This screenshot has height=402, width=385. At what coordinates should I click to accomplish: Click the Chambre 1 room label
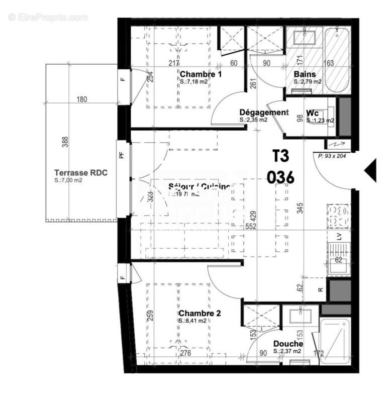coord(201,74)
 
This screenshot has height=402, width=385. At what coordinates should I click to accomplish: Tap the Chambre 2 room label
coord(200,313)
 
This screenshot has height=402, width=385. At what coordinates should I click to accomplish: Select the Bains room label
coord(305,74)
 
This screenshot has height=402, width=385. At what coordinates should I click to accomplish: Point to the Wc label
coord(312,113)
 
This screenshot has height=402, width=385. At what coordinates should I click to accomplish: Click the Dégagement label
coord(263,113)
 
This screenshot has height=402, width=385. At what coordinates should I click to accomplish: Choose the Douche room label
coord(288,344)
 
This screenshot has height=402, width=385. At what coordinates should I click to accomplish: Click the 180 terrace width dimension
coord(82,99)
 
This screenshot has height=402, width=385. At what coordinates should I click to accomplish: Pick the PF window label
coord(121,155)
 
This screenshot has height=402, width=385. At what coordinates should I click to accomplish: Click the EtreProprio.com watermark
coord(48,18)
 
